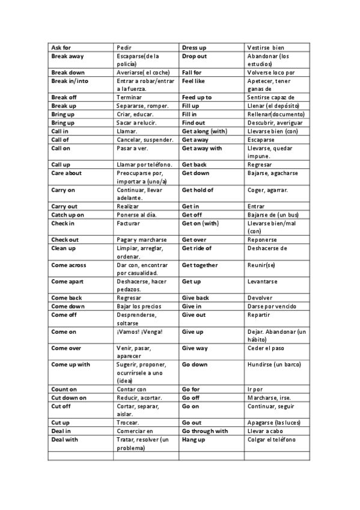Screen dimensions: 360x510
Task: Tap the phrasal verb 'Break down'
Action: [67, 72]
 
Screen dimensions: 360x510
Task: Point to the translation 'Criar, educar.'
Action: [135, 114]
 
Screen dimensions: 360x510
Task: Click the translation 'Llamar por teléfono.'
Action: [144, 164]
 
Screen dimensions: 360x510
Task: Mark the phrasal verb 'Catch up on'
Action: [67, 214]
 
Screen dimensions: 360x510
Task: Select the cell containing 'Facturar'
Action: [128, 223]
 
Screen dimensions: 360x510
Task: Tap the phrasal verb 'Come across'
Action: [69, 265]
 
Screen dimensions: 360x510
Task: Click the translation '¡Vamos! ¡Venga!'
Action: [139, 331]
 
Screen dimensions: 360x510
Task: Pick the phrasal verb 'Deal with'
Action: [65, 439]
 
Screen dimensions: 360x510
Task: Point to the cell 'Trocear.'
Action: [128, 422]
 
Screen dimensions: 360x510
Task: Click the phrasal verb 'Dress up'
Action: [195, 47]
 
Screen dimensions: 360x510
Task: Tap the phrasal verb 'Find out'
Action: [194, 122]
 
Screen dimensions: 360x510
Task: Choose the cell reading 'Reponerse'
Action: [262, 239]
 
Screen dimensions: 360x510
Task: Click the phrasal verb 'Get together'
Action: [200, 265]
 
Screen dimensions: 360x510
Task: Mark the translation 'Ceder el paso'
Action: [266, 348]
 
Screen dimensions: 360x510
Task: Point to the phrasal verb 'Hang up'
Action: [194, 439]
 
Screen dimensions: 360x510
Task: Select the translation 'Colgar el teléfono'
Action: [271, 439]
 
